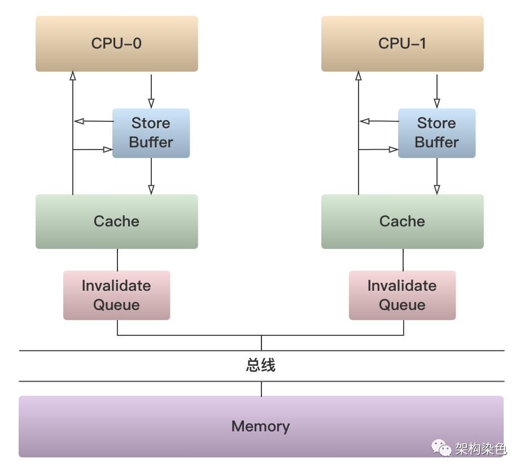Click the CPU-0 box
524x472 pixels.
[117, 43]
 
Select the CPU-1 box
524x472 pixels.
[403, 43]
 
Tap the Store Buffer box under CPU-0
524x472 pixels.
[151, 133]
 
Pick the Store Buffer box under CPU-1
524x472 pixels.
[437, 133]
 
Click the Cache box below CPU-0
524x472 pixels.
[117, 221]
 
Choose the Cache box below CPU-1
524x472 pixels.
[403, 221]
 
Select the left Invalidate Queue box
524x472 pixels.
[117, 295]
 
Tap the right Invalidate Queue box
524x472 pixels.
[403, 295]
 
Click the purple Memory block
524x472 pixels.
[261, 427]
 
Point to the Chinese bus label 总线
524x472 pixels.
[261, 365]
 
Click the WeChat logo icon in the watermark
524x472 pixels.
[441, 448]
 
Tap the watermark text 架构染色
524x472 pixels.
[481, 449]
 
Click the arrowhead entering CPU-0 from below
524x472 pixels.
[73, 76]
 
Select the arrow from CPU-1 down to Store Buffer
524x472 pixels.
[437, 91]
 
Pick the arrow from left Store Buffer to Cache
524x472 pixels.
[151, 176]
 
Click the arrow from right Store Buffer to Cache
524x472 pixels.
[437, 176]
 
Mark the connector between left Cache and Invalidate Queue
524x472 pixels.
[117, 260]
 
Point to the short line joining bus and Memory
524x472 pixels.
[261, 389]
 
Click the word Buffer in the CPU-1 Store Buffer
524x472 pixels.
[437, 142]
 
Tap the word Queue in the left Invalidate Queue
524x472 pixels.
[116, 305]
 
